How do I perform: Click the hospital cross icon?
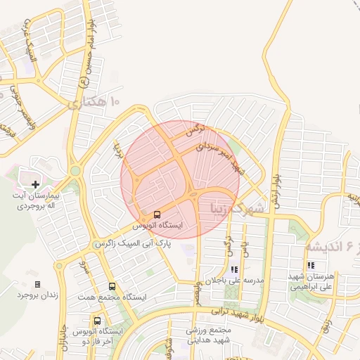tap(36, 184)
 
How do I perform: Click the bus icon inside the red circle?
tap(157, 214)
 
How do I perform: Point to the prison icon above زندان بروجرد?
tap(37, 284)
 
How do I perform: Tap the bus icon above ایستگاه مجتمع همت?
tap(112, 286)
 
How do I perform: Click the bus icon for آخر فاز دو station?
tap(97, 321)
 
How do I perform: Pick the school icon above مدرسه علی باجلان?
tap(234, 269)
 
